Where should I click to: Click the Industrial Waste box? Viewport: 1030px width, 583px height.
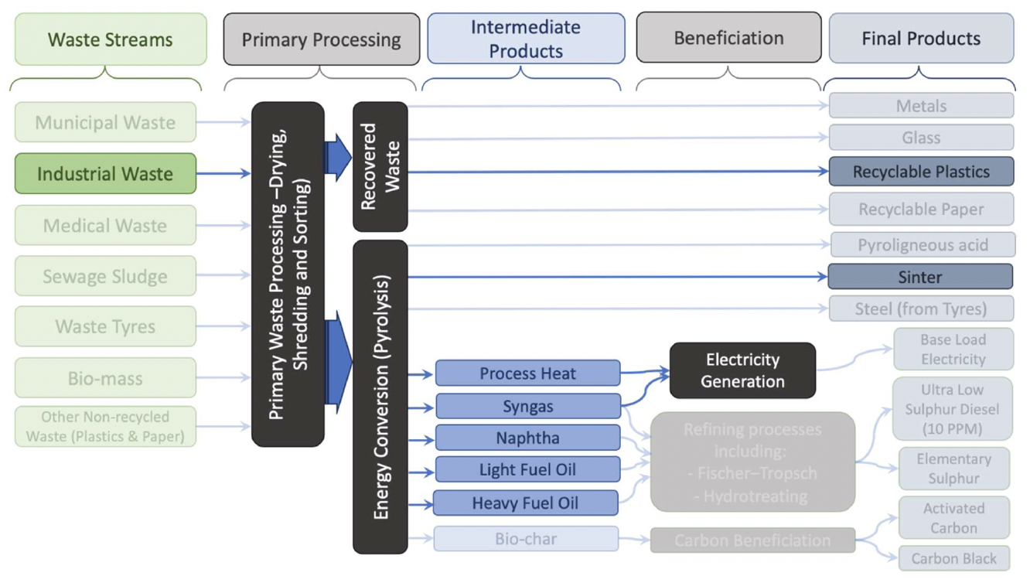tap(105, 173)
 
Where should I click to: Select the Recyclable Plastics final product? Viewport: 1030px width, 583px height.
tap(920, 172)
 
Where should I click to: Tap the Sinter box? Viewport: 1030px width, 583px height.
tap(920, 277)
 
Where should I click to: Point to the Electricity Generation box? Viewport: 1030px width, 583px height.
tap(742, 370)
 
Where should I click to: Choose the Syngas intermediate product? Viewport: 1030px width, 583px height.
tap(527, 406)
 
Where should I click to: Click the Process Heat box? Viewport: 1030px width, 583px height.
tap(527, 373)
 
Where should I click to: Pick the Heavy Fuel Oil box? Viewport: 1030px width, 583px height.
tap(525, 503)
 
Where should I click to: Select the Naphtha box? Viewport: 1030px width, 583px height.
tap(527, 438)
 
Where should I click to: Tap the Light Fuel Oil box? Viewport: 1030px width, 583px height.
tap(527, 469)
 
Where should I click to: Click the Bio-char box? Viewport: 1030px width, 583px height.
tap(526, 539)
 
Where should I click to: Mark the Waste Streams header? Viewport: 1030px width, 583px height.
tap(111, 39)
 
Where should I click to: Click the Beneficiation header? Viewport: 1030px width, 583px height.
tap(728, 38)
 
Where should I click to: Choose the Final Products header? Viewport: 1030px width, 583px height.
tap(921, 39)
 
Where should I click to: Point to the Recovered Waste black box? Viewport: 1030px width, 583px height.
tap(380, 166)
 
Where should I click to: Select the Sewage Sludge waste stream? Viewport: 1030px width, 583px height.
tap(105, 276)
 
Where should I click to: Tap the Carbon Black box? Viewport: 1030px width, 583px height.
tap(953, 558)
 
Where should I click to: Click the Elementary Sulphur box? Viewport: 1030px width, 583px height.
tap(953, 469)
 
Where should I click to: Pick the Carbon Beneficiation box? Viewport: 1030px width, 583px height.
tap(752, 540)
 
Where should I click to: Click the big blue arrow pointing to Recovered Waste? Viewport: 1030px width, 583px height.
tap(338, 157)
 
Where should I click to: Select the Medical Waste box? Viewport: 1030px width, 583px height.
tap(105, 225)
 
